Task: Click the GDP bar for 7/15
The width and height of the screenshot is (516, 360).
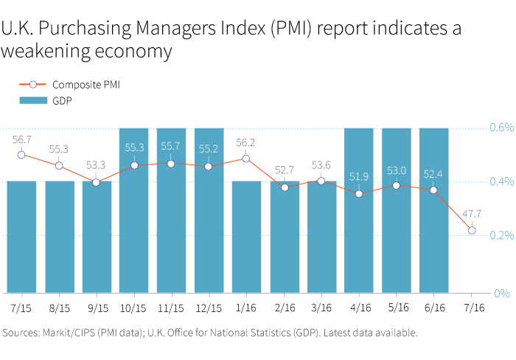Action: (x=21, y=236)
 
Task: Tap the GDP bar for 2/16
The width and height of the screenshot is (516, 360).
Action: (x=285, y=236)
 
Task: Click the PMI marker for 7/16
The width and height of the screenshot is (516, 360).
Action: (x=472, y=231)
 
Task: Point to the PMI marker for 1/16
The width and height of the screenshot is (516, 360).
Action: (x=246, y=159)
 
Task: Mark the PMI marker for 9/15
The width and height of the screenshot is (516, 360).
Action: (x=97, y=182)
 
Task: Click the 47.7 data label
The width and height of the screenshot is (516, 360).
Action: (x=472, y=214)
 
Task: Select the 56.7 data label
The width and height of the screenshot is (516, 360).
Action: (x=21, y=139)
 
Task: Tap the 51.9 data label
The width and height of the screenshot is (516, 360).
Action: (x=359, y=176)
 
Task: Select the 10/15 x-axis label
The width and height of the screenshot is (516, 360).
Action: (x=133, y=307)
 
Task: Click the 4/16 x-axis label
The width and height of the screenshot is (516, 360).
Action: (x=359, y=307)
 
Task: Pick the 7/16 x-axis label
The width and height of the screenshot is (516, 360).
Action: (x=472, y=307)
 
